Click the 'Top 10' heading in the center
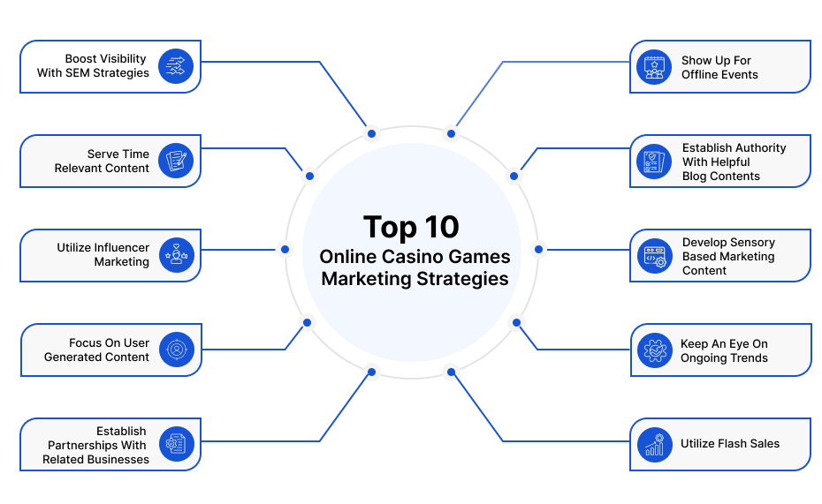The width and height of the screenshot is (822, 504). tap(411, 227)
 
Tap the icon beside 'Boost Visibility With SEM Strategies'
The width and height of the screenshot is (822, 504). tap(176, 66)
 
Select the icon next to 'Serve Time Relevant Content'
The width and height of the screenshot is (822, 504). tap(176, 161)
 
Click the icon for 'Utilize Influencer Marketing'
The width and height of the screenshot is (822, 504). tap(177, 255)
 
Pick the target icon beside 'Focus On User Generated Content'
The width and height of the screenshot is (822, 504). tap(177, 350)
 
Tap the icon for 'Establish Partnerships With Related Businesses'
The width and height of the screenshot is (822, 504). tap(177, 444)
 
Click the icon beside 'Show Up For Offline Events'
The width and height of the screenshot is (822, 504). tap(654, 67)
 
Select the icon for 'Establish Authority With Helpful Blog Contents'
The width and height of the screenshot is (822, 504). tap(654, 162)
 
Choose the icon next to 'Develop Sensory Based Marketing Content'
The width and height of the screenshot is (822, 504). tap(655, 257)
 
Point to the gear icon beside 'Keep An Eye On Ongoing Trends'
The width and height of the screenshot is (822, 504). tap(655, 350)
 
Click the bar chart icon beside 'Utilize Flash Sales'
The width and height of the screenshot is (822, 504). tap(655, 445)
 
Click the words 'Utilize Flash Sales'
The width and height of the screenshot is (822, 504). tap(730, 444)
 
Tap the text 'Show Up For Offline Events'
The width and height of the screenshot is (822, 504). tap(719, 67)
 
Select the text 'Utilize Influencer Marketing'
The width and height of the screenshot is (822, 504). tap(103, 255)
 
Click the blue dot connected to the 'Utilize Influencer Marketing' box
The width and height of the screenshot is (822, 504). tap(285, 250)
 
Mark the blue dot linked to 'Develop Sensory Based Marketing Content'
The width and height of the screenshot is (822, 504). tap(538, 250)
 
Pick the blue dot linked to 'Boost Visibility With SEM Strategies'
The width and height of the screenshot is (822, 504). tap(372, 134)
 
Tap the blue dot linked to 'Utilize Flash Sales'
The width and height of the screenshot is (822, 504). tap(451, 372)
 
